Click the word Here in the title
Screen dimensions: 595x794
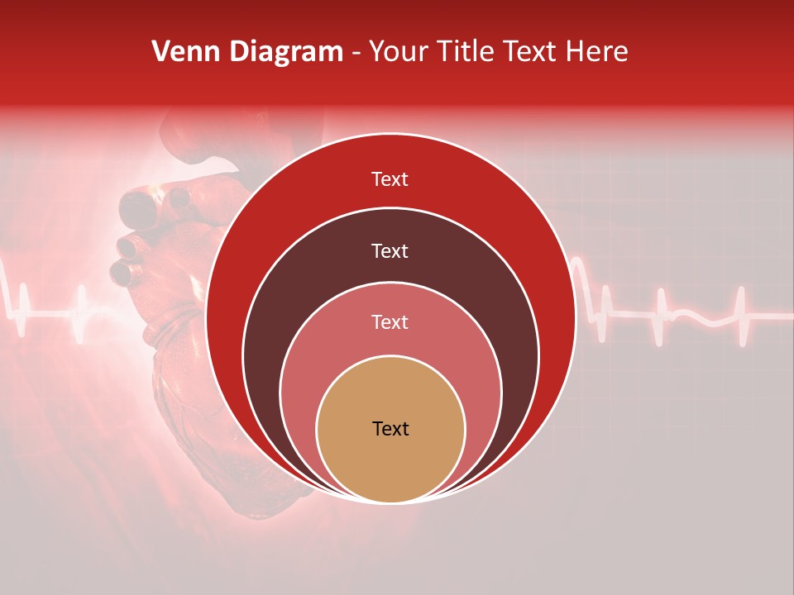click(x=596, y=52)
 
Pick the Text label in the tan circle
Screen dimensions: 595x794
click(x=390, y=429)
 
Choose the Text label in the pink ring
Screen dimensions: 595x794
click(x=390, y=321)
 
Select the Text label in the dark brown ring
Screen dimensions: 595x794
click(x=390, y=250)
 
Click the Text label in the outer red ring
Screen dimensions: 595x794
click(x=390, y=179)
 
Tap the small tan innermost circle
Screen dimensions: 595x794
click(x=390, y=463)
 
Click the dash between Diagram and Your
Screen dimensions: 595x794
click(x=356, y=53)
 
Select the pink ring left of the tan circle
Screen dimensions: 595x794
click(x=298, y=397)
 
